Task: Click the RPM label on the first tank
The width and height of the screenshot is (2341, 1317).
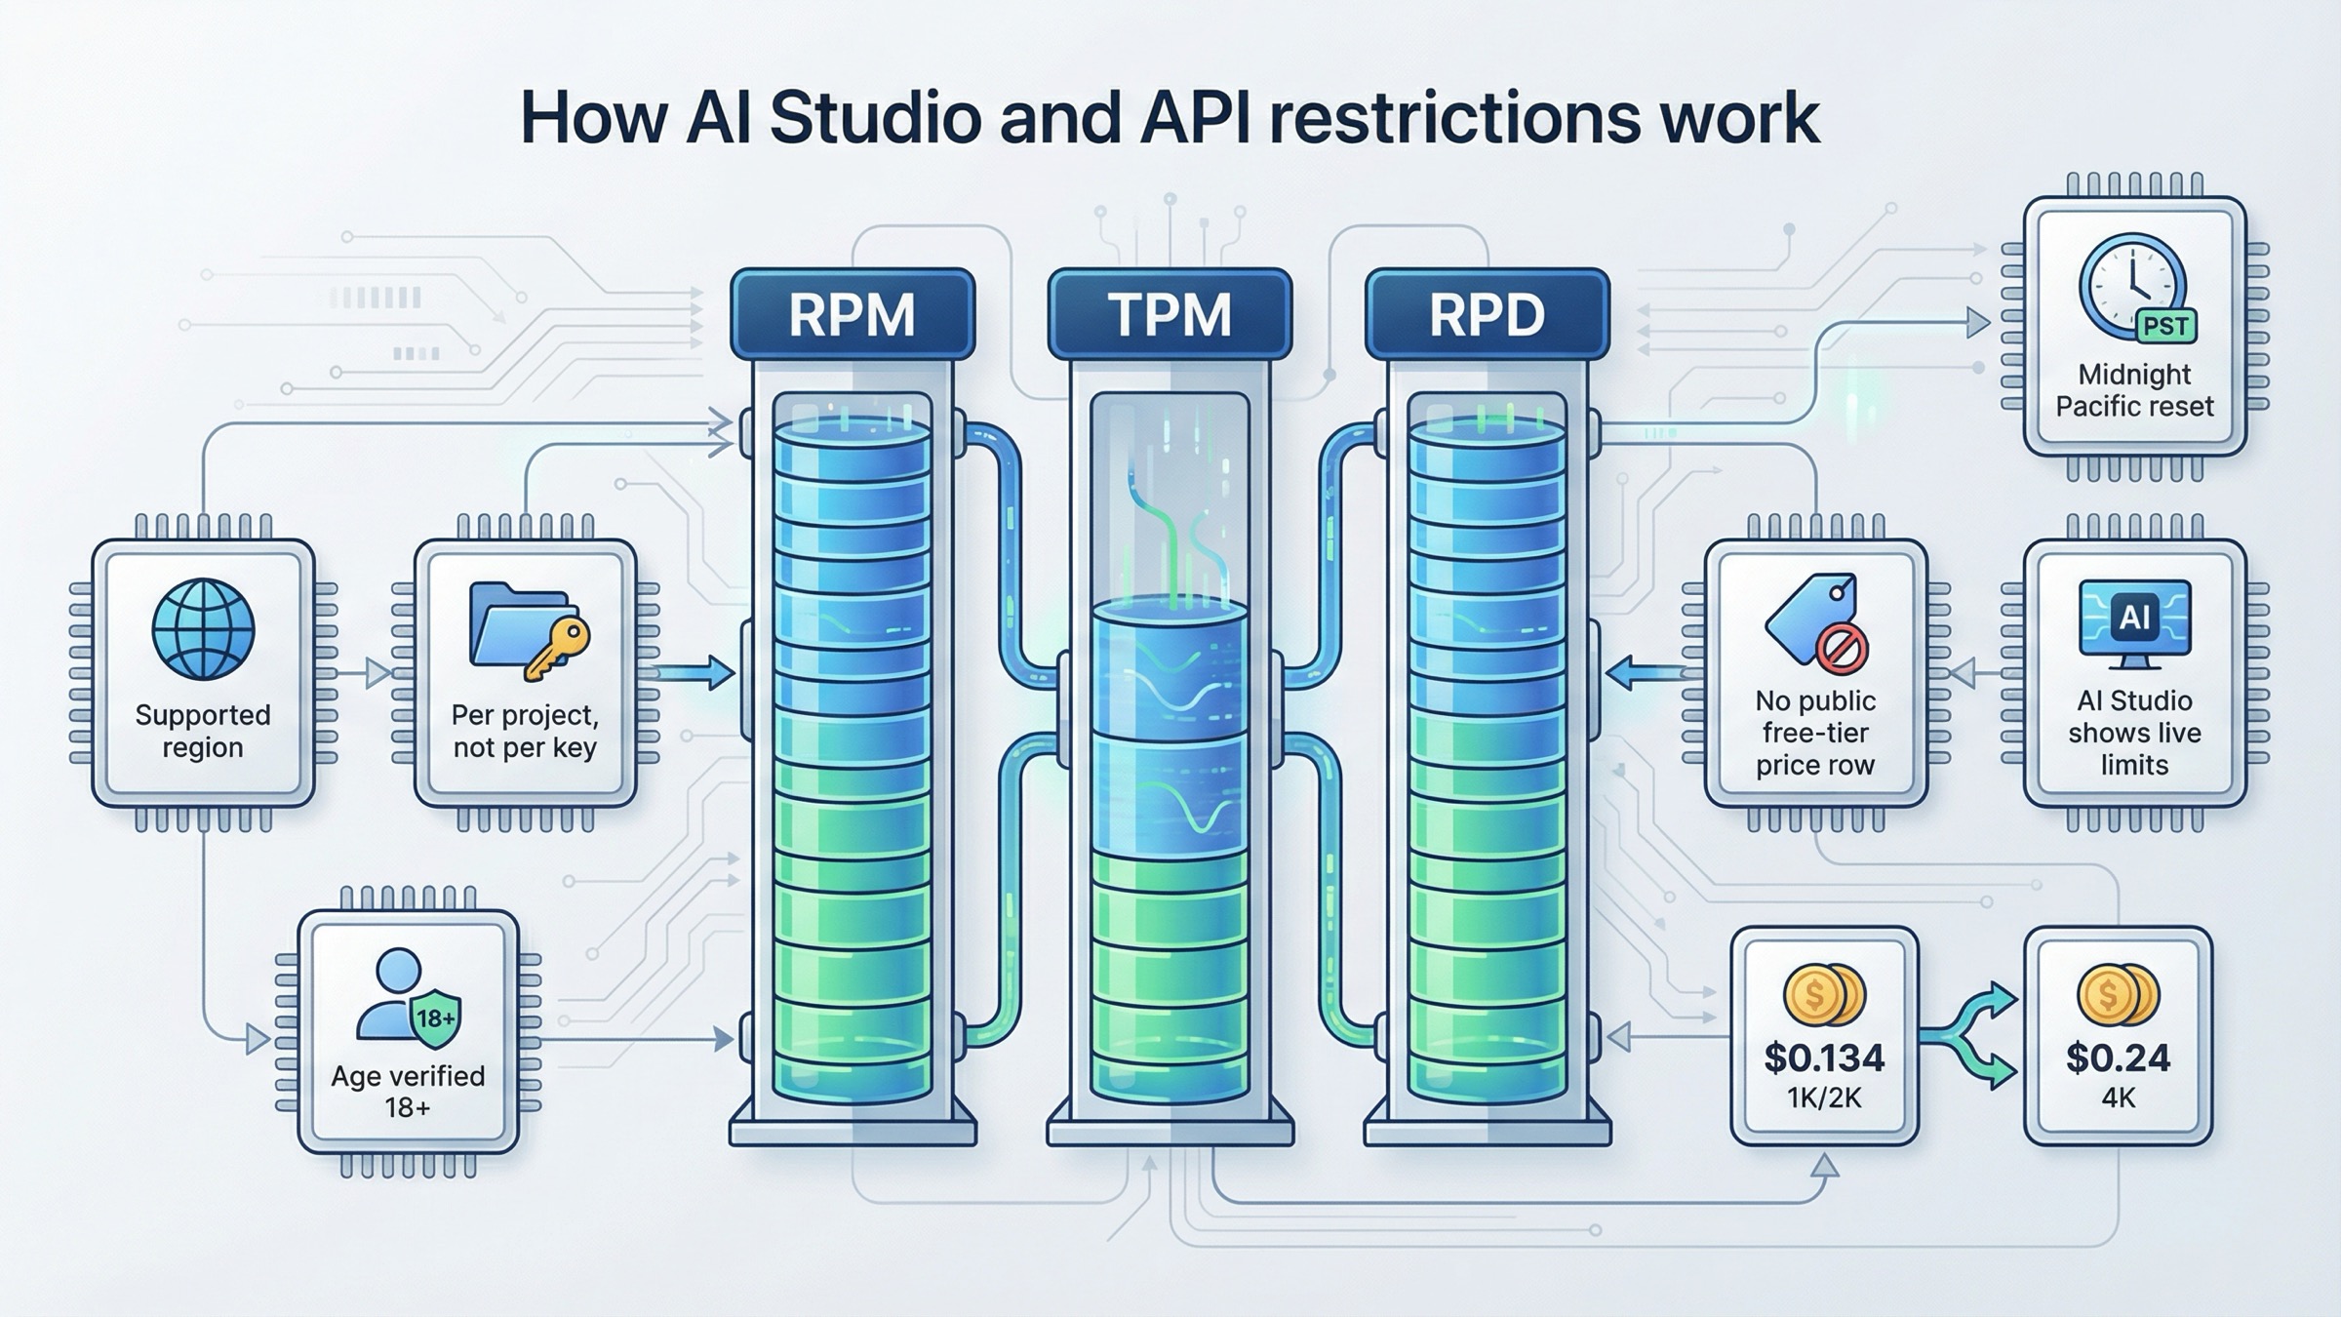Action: [x=852, y=314]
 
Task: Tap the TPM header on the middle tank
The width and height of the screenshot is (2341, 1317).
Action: [x=1170, y=314]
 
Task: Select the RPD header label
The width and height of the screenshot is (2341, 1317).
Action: [x=1487, y=314]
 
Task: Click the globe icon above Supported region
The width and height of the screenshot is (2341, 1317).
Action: [x=203, y=629]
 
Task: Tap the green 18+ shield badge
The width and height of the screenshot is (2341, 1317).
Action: [x=435, y=1018]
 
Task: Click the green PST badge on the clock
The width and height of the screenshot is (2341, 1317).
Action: [x=2165, y=326]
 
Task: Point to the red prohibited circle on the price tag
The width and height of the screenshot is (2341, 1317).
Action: [x=1842, y=648]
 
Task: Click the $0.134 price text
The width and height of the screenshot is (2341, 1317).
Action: [x=1824, y=1058]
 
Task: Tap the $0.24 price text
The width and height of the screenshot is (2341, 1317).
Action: [x=2118, y=1058]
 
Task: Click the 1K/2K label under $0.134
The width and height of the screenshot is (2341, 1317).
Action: [x=1824, y=1098]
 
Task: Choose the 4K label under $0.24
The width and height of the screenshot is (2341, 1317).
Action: [x=2118, y=1098]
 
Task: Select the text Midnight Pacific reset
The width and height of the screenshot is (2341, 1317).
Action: [x=2134, y=390]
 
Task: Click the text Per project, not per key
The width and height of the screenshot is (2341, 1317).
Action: [x=525, y=731]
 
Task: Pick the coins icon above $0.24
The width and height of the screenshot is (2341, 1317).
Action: [x=2118, y=995]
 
